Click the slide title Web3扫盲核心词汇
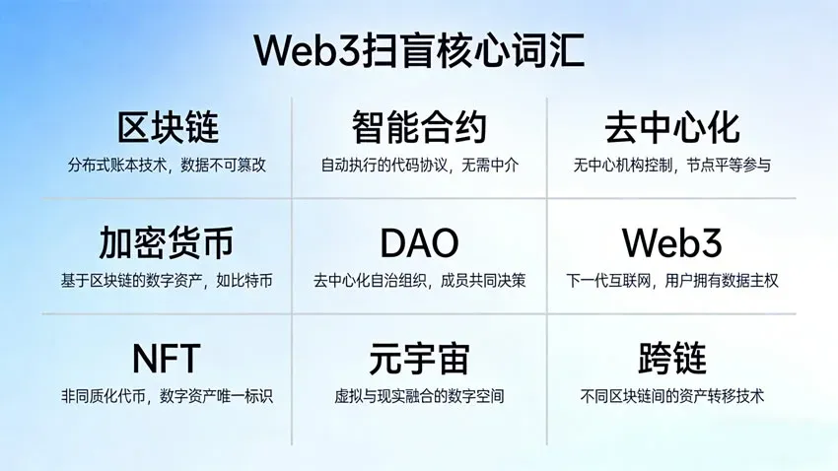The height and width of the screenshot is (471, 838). click(419, 50)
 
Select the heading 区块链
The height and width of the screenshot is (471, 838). click(168, 128)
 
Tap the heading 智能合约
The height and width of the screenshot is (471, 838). click(419, 128)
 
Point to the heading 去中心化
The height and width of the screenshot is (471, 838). click(671, 128)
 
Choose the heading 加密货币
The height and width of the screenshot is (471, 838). click(167, 243)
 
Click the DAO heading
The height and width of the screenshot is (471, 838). click(419, 243)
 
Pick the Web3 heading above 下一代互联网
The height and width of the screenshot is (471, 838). click(671, 243)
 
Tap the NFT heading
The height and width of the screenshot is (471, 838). click(167, 357)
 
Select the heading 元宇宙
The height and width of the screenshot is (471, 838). click(419, 357)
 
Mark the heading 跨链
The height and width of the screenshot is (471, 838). click(672, 357)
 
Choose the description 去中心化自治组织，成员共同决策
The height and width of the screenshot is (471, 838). click(419, 281)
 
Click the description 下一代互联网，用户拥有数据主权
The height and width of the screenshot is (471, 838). click(671, 281)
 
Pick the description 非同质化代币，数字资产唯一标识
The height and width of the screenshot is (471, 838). click(167, 396)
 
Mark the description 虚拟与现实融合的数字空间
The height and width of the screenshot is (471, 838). click(419, 396)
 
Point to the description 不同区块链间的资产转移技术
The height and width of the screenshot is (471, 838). click(672, 396)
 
